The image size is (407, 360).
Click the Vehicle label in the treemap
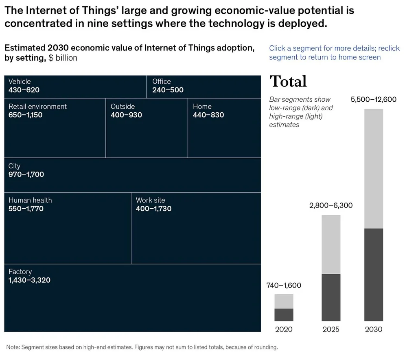point(20,81)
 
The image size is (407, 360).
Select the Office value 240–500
point(168,90)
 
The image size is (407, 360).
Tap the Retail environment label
point(37,106)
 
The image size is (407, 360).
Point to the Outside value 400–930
point(126,115)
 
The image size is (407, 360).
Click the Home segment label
point(202,106)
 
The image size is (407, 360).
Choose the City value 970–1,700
point(26,175)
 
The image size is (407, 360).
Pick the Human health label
point(30,200)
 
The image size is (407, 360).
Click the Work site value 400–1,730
point(153,209)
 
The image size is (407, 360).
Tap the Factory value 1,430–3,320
point(29,280)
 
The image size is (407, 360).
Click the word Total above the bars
point(288,81)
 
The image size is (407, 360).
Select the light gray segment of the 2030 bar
point(374,169)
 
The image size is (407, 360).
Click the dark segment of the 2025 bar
point(331,297)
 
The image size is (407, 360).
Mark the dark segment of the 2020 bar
point(284,315)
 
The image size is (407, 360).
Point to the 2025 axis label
point(331,329)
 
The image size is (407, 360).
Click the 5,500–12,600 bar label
point(373,100)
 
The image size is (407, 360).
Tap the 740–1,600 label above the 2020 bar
point(284,285)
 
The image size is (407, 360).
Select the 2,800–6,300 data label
point(331,205)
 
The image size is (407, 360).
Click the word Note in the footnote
point(13,347)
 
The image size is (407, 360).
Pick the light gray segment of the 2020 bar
point(284,301)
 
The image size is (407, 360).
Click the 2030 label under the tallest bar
point(374,329)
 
